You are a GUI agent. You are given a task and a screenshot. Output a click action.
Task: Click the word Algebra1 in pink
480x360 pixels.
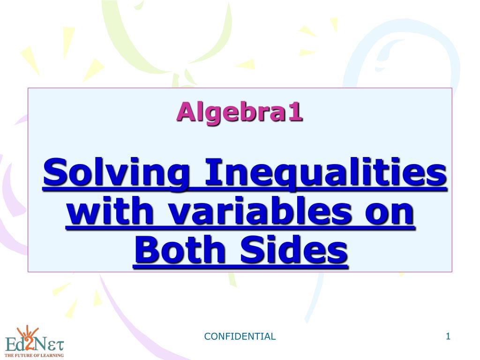pos(240,112)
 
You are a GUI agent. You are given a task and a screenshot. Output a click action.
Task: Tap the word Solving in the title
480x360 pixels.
pos(116,172)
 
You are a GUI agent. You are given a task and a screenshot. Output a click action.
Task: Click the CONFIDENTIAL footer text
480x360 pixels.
pos(240,336)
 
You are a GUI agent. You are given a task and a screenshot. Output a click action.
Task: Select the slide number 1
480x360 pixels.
pos(448,336)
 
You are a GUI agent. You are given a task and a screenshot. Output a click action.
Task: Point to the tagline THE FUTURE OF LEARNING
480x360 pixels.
pos(34,355)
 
